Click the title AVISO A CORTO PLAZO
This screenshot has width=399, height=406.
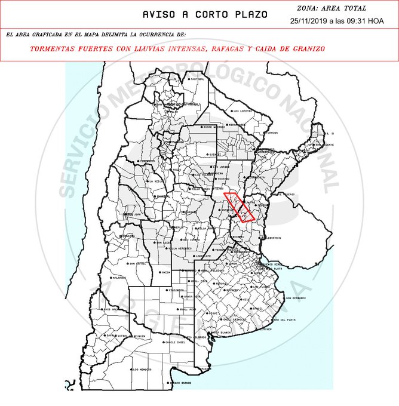click(x=205, y=14)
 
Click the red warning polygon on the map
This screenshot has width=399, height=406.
click(x=238, y=207)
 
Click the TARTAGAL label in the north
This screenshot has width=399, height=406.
click(x=197, y=79)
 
